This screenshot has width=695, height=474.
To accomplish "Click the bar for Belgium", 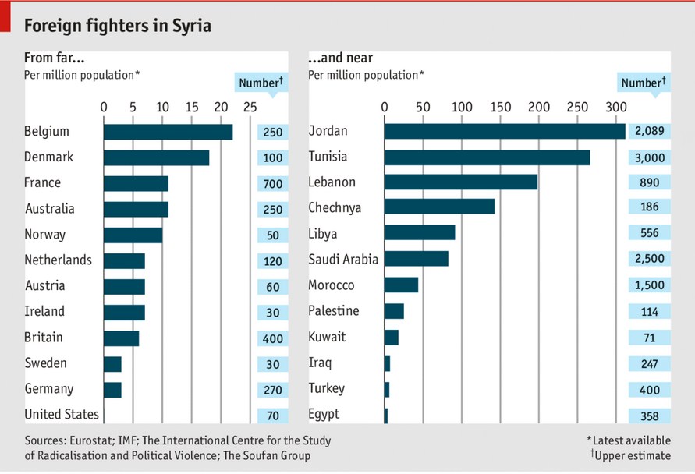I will [168, 133].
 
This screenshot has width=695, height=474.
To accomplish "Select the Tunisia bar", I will [487, 157].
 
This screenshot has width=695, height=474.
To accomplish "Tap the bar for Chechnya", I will [439, 207].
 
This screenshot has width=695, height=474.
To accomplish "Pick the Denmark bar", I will [156, 157].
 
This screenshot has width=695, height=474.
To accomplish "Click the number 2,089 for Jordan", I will [649, 131].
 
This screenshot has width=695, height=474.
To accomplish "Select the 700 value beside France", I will [273, 184].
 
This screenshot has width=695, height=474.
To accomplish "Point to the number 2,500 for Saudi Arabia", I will [649, 259].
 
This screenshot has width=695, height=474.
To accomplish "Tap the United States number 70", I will [273, 416].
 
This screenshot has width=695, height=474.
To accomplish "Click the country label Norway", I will [45, 234].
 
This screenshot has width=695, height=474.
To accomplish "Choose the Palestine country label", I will [334, 311].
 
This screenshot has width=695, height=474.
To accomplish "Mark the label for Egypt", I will [324, 414].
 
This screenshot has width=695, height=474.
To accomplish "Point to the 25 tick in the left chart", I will [250, 107].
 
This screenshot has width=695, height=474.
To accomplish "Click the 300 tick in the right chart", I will [615, 107].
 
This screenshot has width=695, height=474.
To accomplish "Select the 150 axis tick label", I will [499, 107].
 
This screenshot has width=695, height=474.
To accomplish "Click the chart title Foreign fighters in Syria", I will [118, 26].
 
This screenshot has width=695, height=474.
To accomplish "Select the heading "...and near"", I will [340, 58].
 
